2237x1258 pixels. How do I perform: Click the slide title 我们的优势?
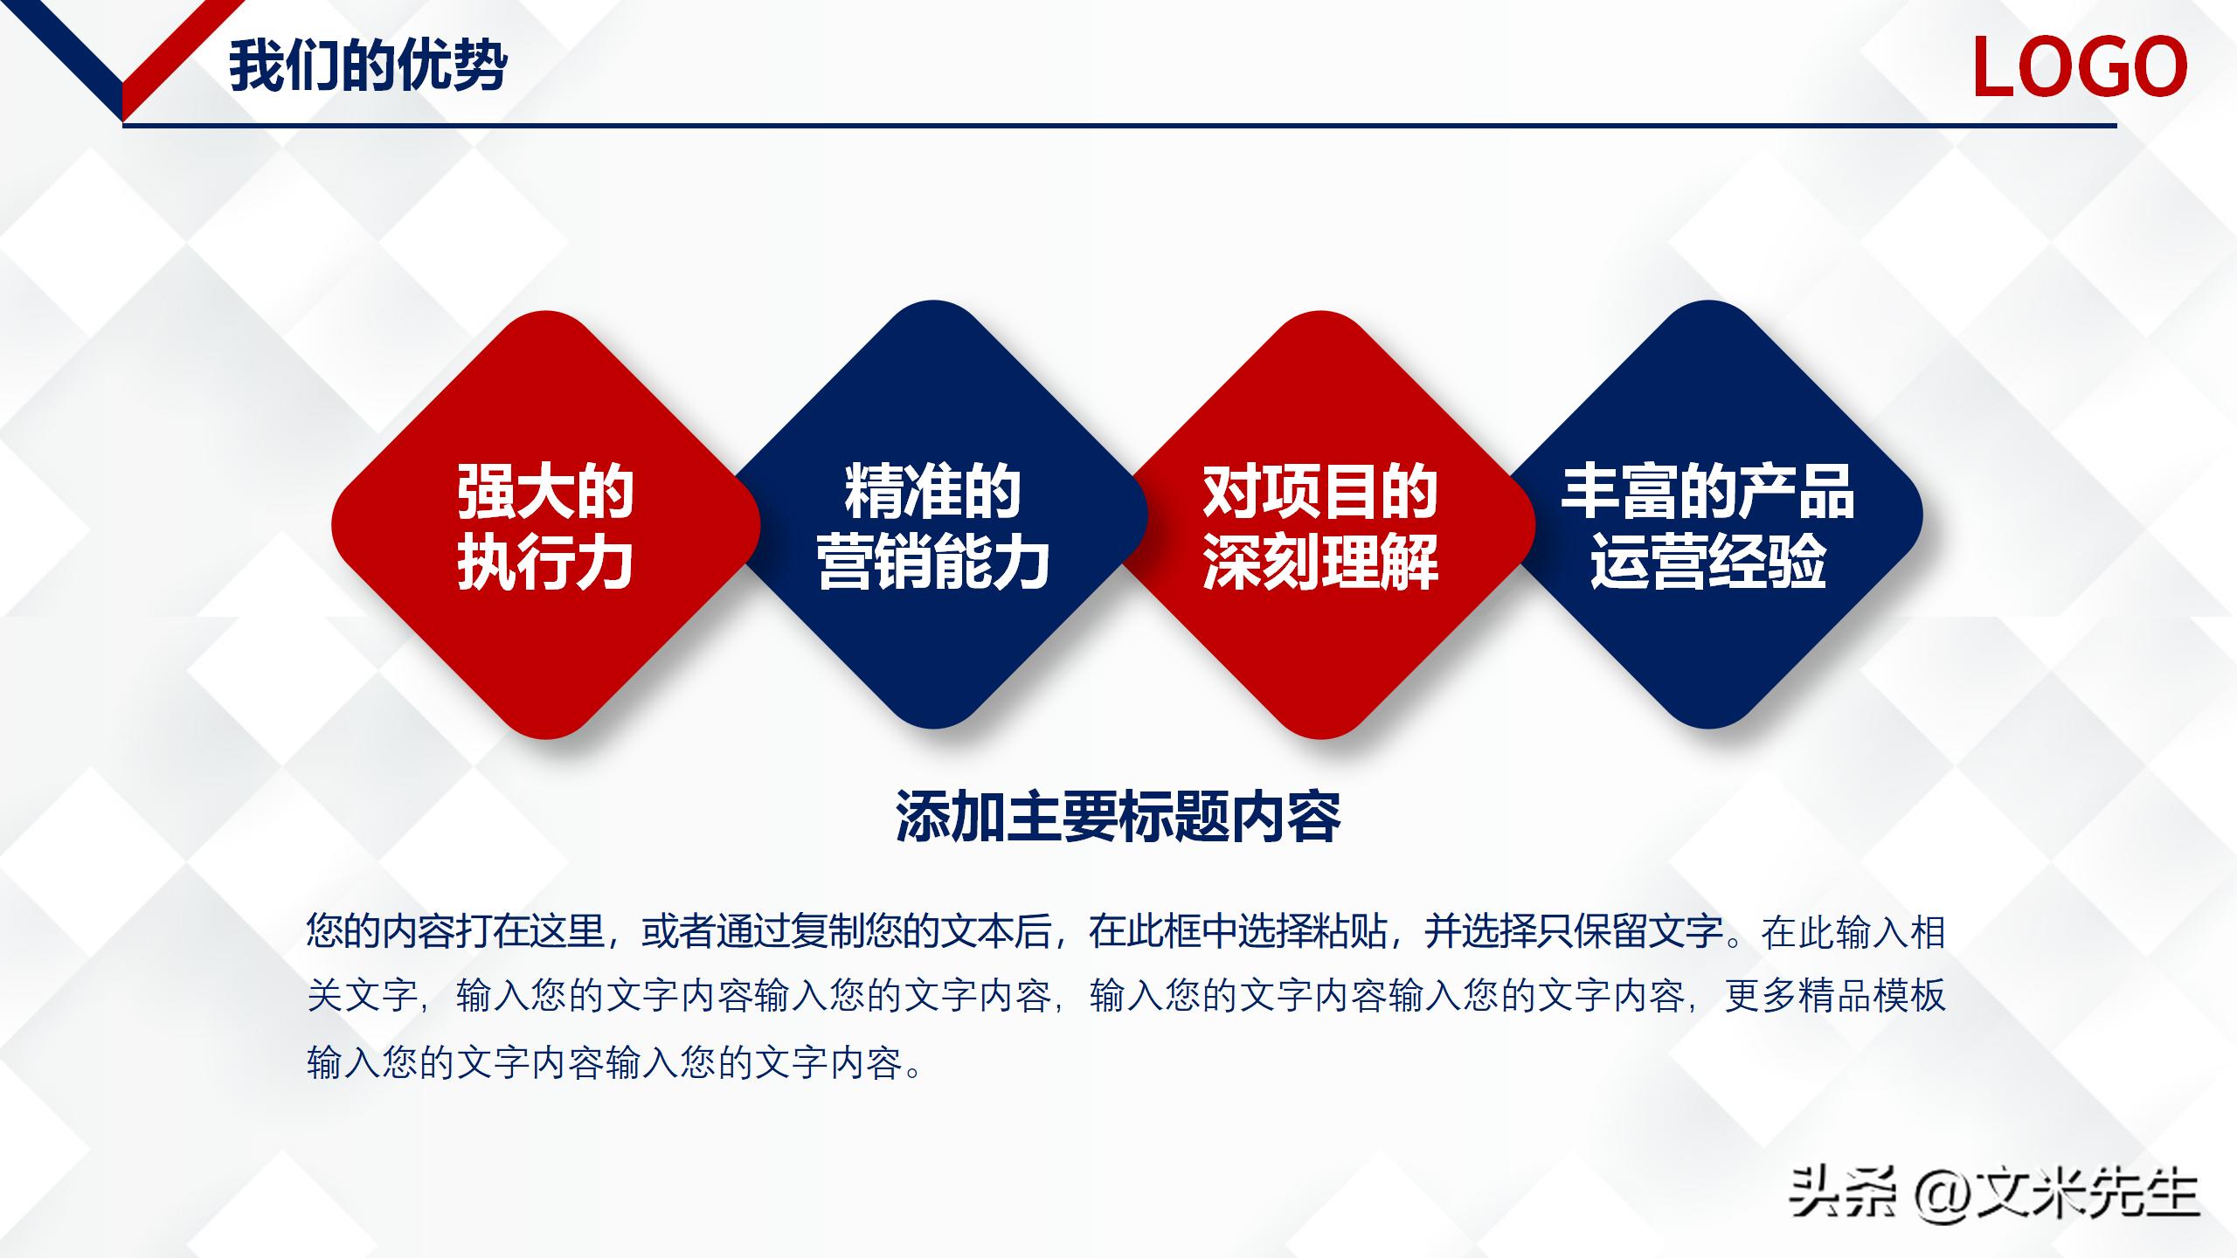368,66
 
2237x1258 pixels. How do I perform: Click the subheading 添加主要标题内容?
1118,817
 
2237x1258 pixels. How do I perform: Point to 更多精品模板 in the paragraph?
1835,996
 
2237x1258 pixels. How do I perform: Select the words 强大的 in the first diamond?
545,492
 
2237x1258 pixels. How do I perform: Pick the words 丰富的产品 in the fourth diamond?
1708,492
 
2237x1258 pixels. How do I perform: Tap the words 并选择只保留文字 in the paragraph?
1573,931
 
